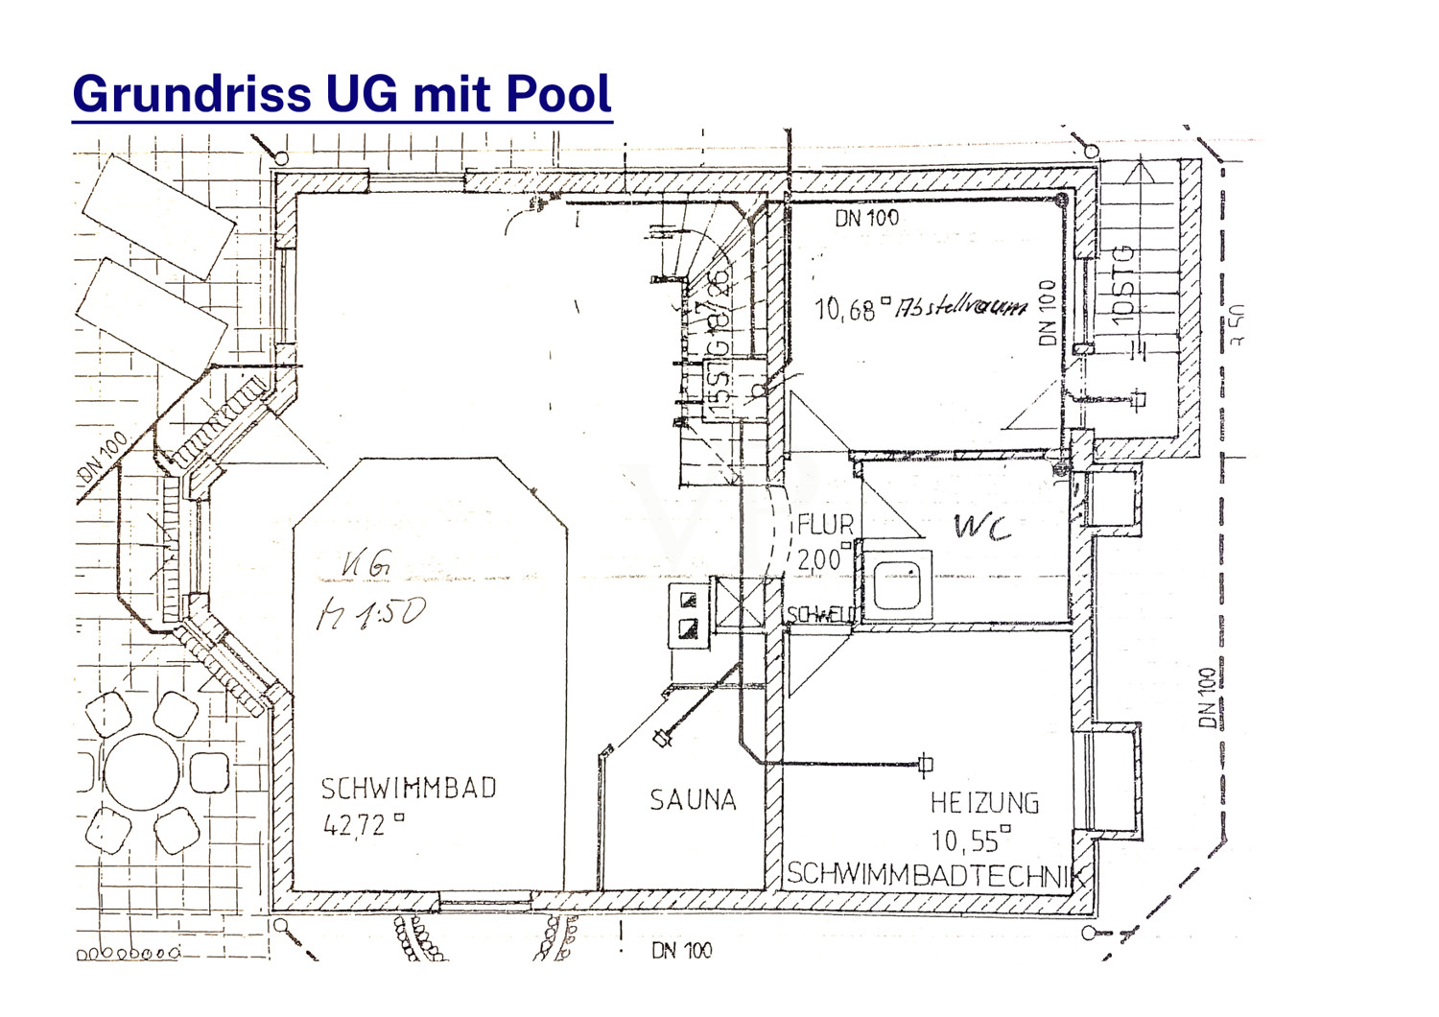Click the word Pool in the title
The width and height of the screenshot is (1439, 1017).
558,94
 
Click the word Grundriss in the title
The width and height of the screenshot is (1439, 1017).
192,94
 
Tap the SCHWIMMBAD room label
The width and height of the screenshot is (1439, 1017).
409,789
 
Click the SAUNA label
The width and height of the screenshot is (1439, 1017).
693,800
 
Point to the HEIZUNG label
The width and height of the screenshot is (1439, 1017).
984,802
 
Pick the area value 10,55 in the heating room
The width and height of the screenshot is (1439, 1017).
966,841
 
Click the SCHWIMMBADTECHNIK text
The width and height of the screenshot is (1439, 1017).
935,874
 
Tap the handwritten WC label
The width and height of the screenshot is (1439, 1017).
982,527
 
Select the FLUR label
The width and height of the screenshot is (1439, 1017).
825,526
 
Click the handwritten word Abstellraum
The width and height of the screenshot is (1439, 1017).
961,307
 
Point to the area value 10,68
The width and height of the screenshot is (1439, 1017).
845,309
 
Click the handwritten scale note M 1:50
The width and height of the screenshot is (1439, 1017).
370,614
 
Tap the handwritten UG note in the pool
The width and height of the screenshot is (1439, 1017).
366,566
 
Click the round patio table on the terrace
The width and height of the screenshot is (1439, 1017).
142,773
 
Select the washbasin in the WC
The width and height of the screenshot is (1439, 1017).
898,582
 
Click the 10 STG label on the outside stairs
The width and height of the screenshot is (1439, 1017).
1124,286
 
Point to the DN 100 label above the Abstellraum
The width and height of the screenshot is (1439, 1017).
866,219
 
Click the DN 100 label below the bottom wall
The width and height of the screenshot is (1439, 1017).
681,951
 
